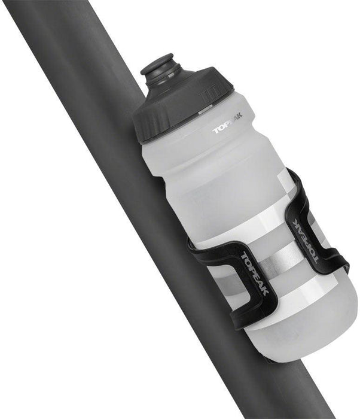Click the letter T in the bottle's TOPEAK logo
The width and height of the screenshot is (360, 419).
point(216,130)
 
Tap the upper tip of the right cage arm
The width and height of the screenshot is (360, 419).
point(292,174)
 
